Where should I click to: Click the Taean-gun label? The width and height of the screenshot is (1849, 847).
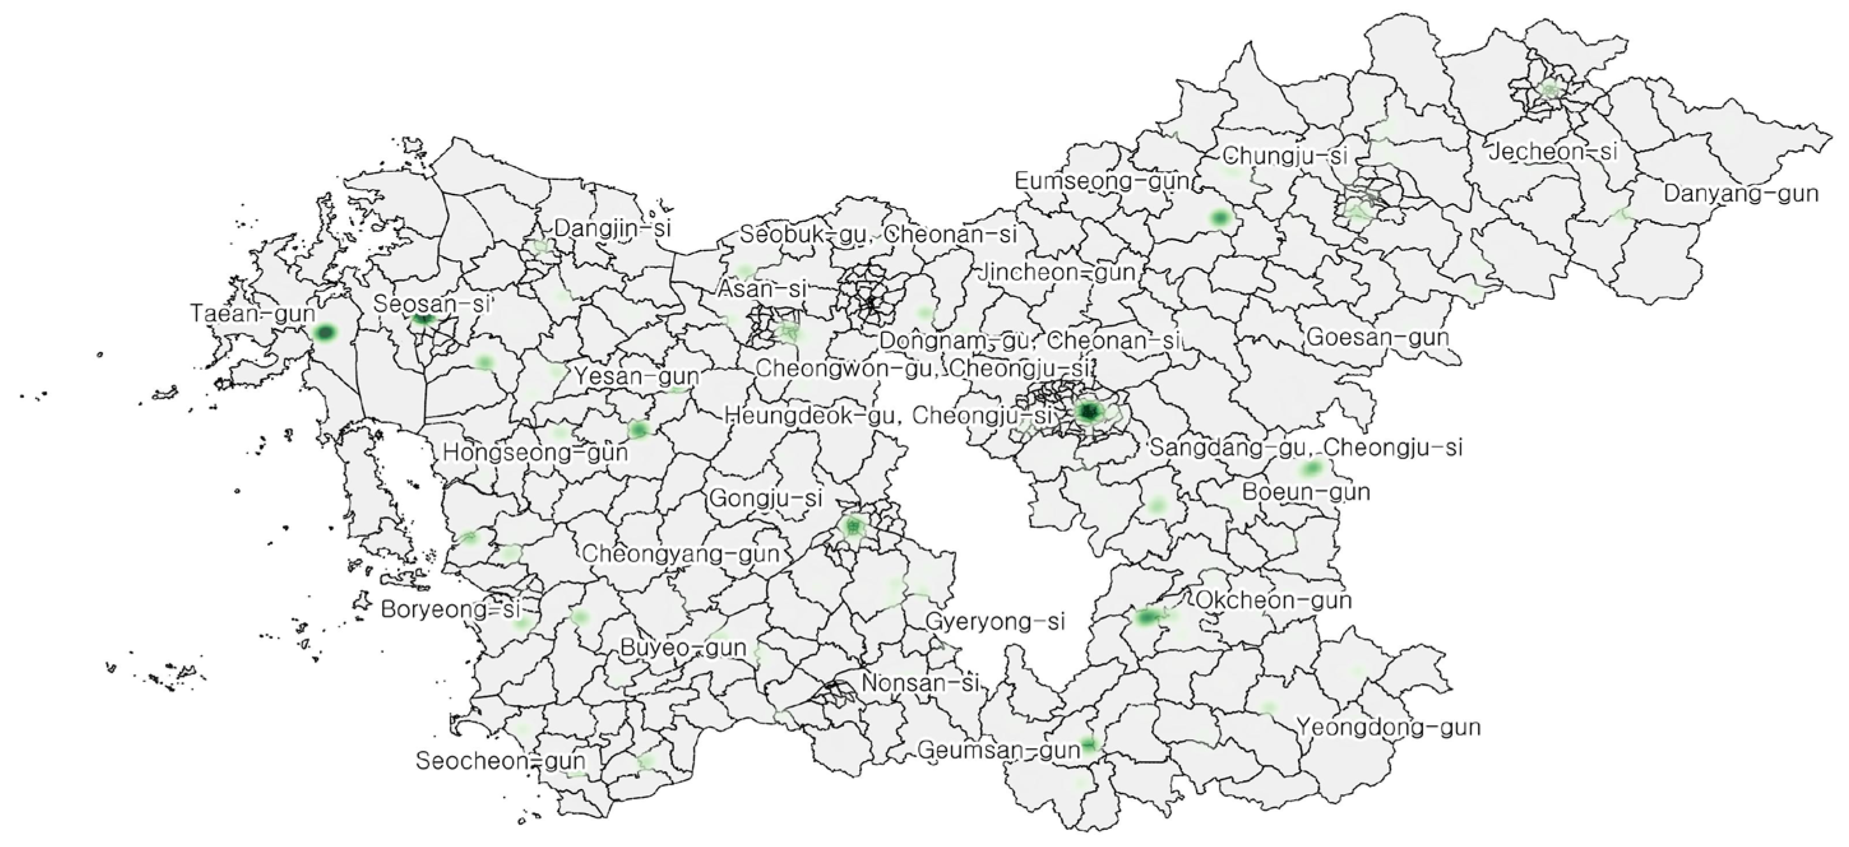252,314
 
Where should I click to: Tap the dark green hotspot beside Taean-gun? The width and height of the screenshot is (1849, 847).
325,332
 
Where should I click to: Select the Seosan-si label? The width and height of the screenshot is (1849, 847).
431,304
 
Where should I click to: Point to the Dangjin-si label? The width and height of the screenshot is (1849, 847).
612,228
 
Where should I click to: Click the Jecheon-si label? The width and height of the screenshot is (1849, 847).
1553,151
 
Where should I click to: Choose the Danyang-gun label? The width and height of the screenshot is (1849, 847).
1741,194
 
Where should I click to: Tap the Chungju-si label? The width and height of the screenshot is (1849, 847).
1285,155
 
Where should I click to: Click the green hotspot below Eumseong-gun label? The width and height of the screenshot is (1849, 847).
1219,217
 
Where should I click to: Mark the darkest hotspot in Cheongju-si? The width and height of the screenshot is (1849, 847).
1089,412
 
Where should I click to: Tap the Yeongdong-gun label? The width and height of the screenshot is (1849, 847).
1389,727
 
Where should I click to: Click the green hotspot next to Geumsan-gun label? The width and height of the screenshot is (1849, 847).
1089,745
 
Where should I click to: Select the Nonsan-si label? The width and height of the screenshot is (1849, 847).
920,682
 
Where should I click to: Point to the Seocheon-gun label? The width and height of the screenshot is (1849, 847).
500,761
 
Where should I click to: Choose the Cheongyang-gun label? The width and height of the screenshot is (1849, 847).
681,554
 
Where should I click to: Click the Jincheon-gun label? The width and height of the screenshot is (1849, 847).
1057,273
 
